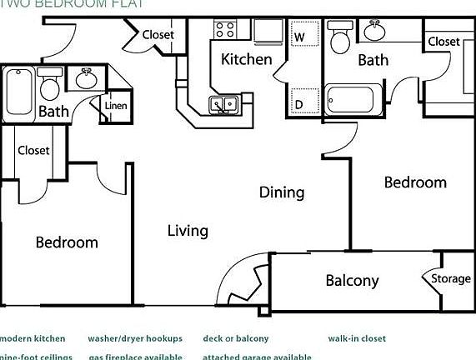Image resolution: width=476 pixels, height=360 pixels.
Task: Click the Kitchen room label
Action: (x=246, y=59)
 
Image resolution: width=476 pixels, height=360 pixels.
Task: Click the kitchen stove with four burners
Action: (x=225, y=31)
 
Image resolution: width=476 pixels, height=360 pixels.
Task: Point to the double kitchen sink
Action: (x=223, y=105)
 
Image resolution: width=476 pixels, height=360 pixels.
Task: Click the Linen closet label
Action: (x=116, y=106)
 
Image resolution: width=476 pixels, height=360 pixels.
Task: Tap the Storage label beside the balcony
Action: (x=451, y=279)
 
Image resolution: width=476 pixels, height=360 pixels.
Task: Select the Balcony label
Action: (x=352, y=281)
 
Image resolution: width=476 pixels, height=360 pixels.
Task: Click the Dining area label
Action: (x=282, y=192)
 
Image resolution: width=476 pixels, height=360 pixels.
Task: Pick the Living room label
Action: (x=188, y=231)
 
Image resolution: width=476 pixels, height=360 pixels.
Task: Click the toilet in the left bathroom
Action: (x=50, y=86)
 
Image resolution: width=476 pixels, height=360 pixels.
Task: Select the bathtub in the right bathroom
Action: (x=354, y=100)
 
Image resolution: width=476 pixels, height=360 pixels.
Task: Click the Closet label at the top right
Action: (x=443, y=41)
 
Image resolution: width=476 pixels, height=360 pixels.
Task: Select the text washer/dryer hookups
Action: (x=129, y=339)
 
